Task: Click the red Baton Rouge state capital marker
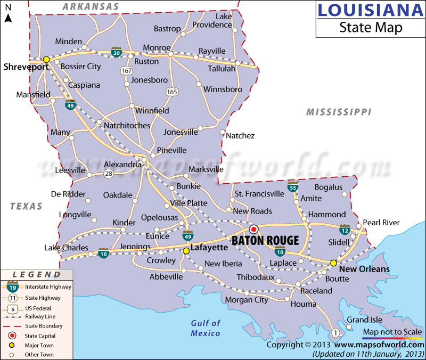click(x=254, y=229)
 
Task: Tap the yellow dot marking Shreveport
click(x=46, y=59)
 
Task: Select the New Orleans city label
click(x=364, y=269)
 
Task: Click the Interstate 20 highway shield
click(x=116, y=52)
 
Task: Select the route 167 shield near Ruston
click(x=126, y=70)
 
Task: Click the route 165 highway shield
click(x=171, y=92)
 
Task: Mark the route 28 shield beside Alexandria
click(x=109, y=174)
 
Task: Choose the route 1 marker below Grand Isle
click(x=335, y=333)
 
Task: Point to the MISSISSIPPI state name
click(x=339, y=112)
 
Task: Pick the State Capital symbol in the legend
click(x=12, y=336)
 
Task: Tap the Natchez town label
click(x=240, y=136)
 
